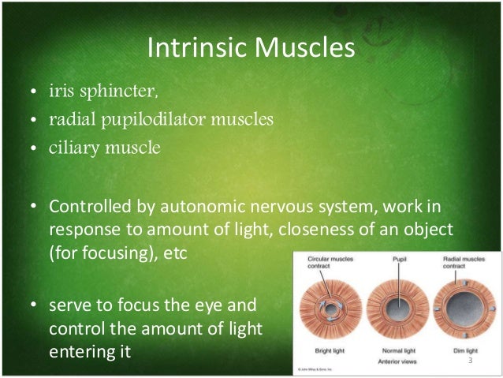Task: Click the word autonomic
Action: point(201,207)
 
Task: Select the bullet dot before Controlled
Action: point(32,208)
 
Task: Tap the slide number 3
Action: point(469,361)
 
